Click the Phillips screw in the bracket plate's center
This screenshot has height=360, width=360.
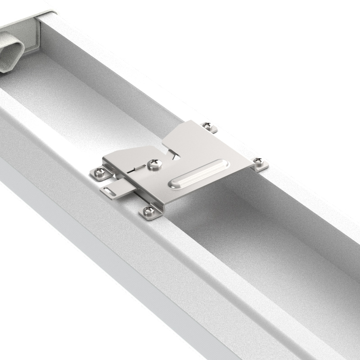(155, 164)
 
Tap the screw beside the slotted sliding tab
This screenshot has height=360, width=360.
(99, 173)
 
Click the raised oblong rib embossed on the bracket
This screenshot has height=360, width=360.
(198, 173)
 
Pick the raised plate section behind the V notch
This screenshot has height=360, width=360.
(193, 139)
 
